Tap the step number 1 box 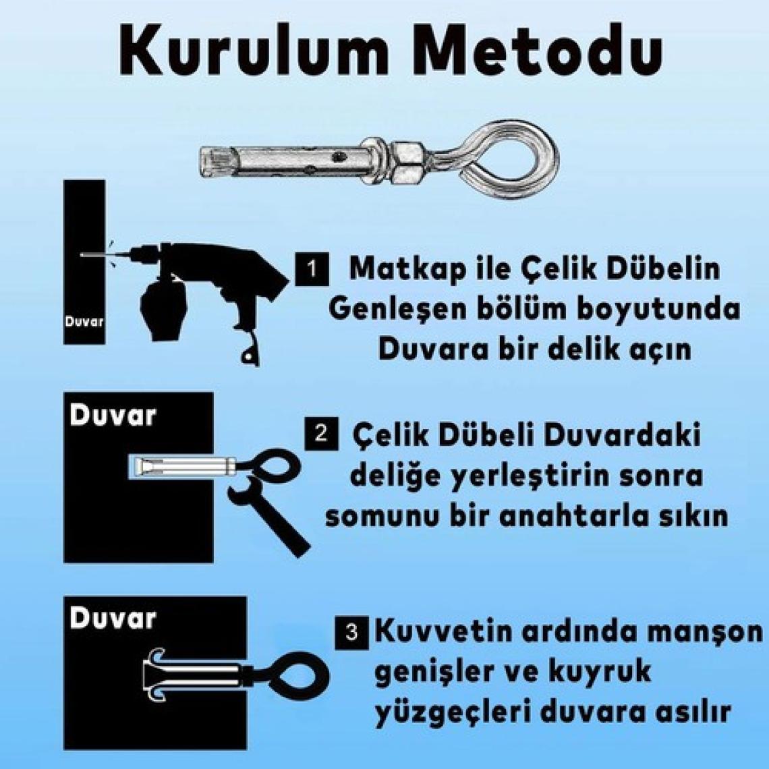click(x=312, y=268)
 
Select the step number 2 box click(x=321, y=434)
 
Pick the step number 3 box click(x=351, y=633)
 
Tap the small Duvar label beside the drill click(x=84, y=322)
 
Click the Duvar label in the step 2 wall click(x=113, y=416)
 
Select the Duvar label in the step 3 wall click(x=113, y=618)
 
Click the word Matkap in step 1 click(x=407, y=270)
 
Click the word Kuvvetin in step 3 click(x=443, y=631)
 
